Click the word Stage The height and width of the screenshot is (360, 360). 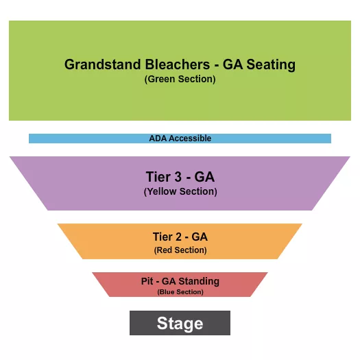click(180, 324)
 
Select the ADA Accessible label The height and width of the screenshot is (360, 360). click(180, 139)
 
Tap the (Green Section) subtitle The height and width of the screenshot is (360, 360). click(180, 80)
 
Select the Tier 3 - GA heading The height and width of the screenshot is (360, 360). click(180, 177)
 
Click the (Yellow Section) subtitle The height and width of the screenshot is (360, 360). click(180, 192)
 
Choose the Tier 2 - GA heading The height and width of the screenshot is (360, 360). click(180, 237)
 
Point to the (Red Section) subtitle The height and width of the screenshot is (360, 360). click(180, 250)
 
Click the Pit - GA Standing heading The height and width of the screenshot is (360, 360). click(180, 281)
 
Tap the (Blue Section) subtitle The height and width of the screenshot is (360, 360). click(180, 292)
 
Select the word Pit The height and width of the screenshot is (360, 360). click(147, 281)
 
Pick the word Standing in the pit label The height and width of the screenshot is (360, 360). click(199, 281)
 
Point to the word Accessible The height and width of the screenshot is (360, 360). click(189, 139)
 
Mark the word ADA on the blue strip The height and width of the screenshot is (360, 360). click(157, 139)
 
